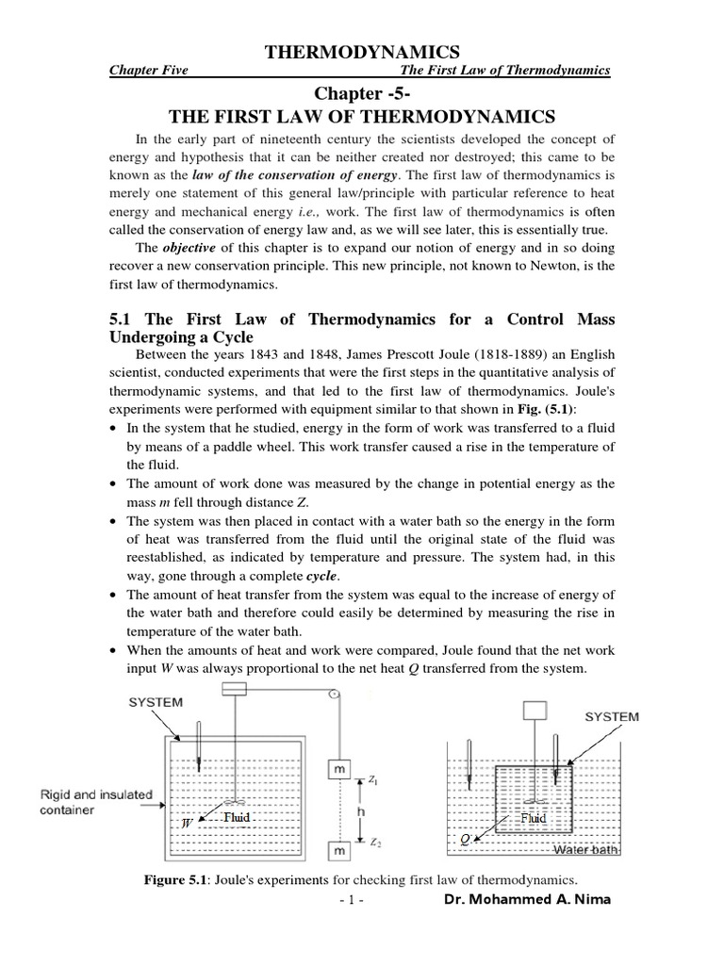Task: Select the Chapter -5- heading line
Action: coord(362,92)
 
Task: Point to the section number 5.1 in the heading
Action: coord(125,319)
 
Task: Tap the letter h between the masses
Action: coord(359,810)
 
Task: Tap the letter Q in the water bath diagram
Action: coord(464,837)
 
